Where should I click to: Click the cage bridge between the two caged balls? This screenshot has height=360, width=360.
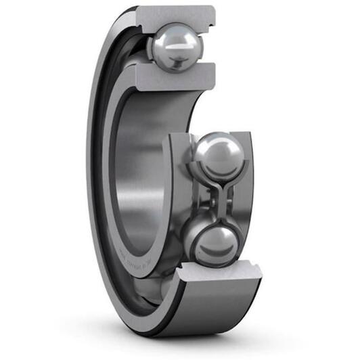216,200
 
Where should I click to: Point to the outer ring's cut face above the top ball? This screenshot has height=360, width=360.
177,14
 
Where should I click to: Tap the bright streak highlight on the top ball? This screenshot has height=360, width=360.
177,49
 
